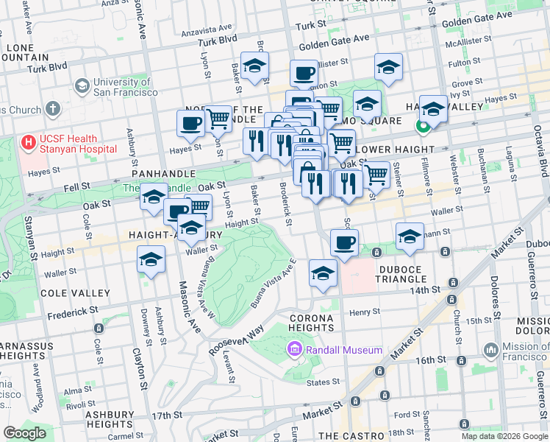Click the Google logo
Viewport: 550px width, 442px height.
24,433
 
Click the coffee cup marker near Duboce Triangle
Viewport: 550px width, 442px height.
344,242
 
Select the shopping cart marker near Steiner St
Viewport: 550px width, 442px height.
376,175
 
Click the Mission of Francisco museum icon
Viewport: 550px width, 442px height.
490,349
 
